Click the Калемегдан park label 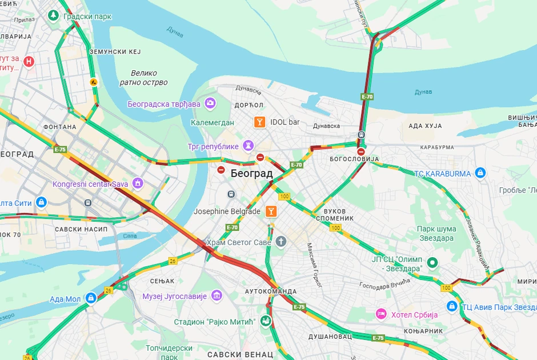(213, 122)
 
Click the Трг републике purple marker (249, 146)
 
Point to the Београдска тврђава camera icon (210, 103)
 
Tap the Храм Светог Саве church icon (280, 242)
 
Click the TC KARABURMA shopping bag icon (480, 173)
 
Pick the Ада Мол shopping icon (90, 298)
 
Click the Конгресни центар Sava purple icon (137, 183)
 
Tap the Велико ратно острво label (143, 78)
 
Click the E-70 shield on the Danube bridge (367, 97)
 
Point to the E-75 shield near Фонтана (60, 149)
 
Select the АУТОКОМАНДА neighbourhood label (270, 291)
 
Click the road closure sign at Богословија (361, 151)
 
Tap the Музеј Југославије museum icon (217, 295)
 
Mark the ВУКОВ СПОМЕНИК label (342, 214)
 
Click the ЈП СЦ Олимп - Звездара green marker (433, 263)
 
